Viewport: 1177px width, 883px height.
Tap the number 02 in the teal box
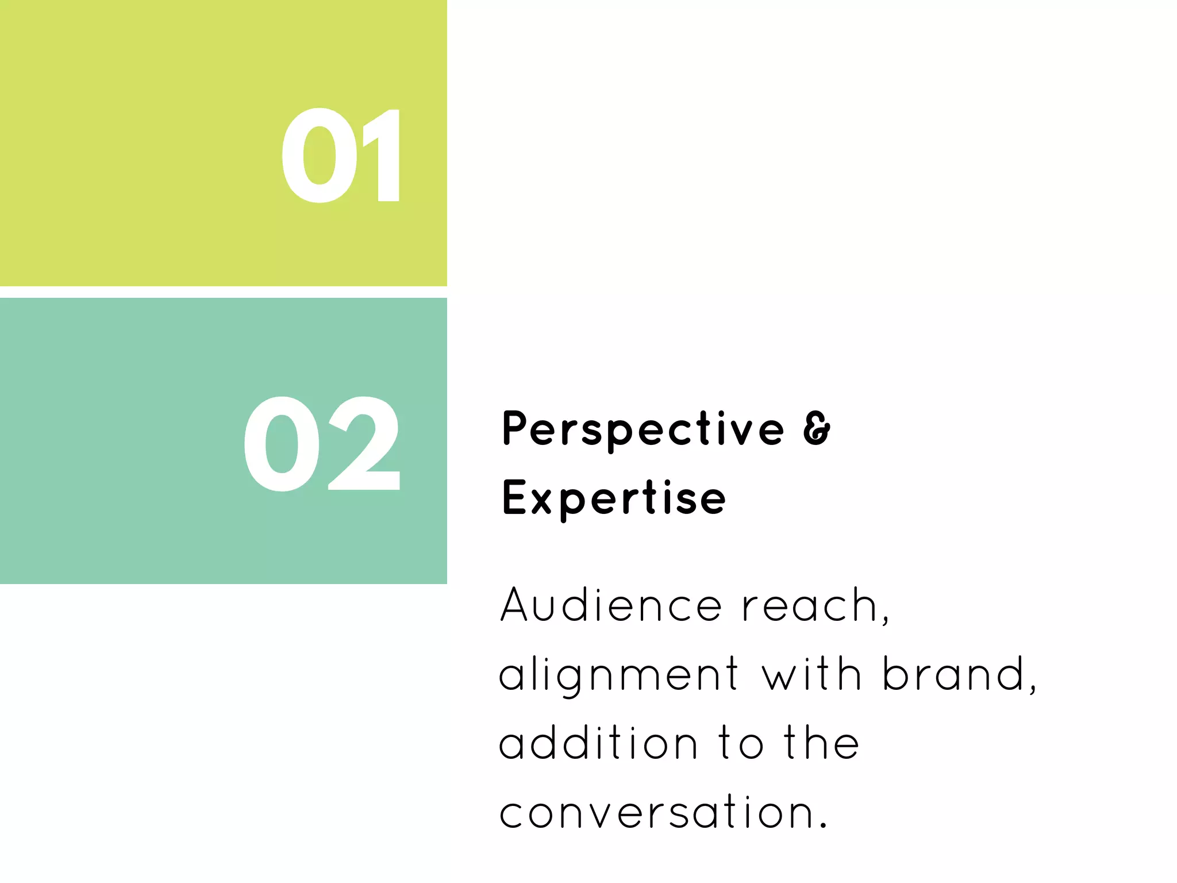[321, 444]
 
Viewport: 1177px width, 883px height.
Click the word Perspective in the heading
[643, 429]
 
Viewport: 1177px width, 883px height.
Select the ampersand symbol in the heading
[817, 428]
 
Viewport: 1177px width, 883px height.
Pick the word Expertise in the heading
[614, 498]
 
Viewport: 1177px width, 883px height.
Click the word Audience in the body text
[611, 605]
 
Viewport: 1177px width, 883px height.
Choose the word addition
[598, 743]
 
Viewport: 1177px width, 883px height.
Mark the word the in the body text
[822, 743]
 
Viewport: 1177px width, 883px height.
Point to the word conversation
[656, 812]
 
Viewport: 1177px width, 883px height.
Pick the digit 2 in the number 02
[363, 444]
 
